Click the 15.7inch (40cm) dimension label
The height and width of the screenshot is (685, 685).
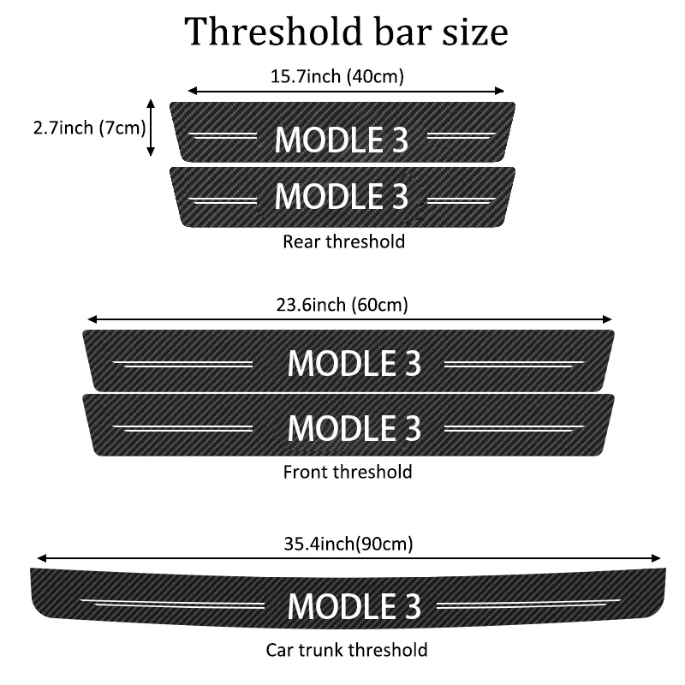[x=337, y=76]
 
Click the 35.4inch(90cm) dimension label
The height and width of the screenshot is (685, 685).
[x=348, y=543]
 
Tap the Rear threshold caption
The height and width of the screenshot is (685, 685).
[x=343, y=241]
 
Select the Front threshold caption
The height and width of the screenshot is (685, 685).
[x=347, y=471]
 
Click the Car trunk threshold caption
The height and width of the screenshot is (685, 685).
[x=346, y=650]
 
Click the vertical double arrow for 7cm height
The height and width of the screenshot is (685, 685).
[x=152, y=128]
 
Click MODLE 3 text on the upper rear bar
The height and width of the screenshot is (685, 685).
[x=341, y=140]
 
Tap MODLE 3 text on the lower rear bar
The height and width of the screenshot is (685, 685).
[x=341, y=196]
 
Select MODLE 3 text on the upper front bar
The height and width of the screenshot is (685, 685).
[x=354, y=363]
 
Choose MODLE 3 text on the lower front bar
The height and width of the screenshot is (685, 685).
[x=354, y=426]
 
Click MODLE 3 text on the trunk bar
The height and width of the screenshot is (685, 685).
[x=354, y=605]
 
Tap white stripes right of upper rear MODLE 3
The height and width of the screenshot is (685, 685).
[x=461, y=135]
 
